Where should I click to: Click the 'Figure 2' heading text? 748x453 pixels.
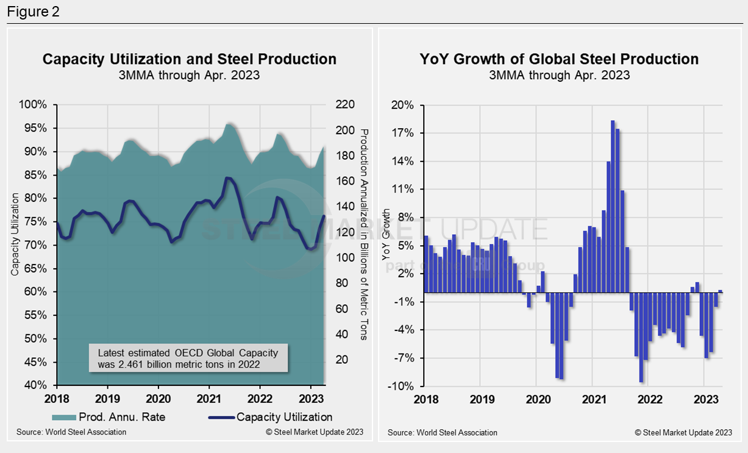pos(34,12)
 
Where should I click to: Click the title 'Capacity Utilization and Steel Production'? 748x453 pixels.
pos(189,59)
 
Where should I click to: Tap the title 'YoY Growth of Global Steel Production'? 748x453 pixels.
pos(559,59)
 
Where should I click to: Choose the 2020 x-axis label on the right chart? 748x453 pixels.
pos(536,399)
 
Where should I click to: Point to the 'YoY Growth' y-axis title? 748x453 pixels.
pos(385,235)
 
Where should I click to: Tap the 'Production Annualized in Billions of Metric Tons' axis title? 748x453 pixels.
pos(364,235)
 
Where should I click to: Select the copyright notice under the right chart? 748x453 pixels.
pos(683,432)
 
